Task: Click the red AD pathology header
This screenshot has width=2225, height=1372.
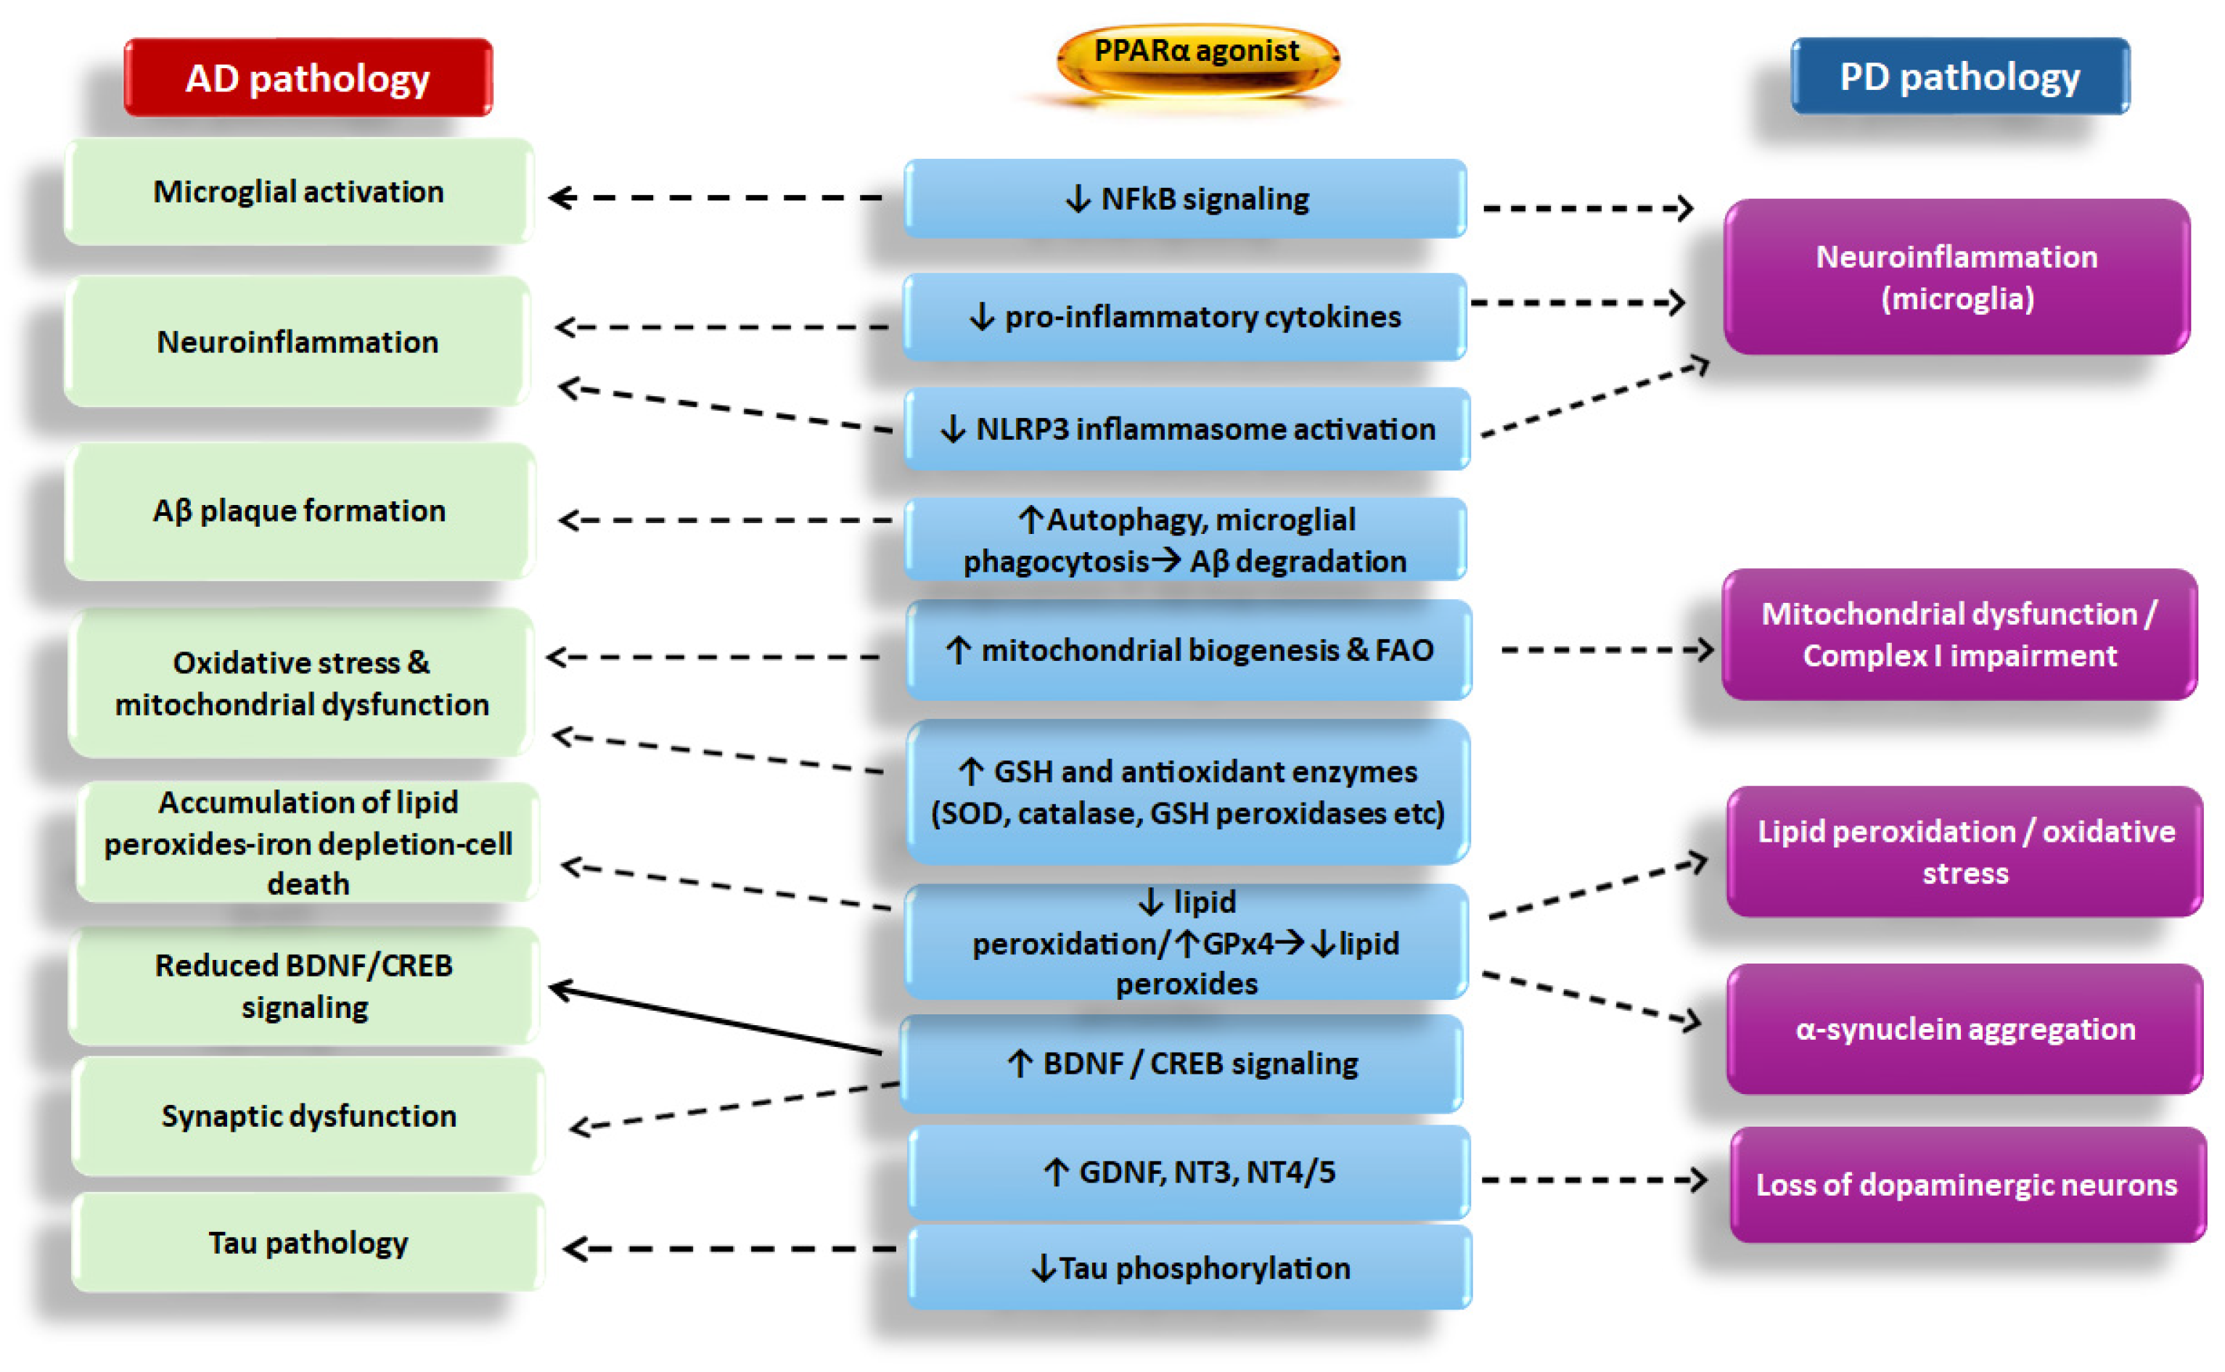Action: coord(308,78)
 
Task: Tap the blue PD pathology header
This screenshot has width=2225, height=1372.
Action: coord(1959,76)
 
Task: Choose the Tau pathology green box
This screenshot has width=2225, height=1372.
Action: coord(308,1242)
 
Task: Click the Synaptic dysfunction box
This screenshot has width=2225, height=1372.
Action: coord(308,1115)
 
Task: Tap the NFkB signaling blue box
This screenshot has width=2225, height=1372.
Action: coord(1185,199)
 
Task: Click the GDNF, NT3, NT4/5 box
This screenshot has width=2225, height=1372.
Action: coord(1189,1172)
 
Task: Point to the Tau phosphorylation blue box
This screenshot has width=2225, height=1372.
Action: coord(1189,1268)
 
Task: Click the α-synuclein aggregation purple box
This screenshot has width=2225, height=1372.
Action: coord(1964,1029)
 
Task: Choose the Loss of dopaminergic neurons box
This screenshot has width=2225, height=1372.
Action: coord(1967,1184)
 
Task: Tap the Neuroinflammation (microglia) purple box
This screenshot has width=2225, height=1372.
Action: coord(1956,276)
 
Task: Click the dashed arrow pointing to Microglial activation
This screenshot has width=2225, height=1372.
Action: coord(717,197)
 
